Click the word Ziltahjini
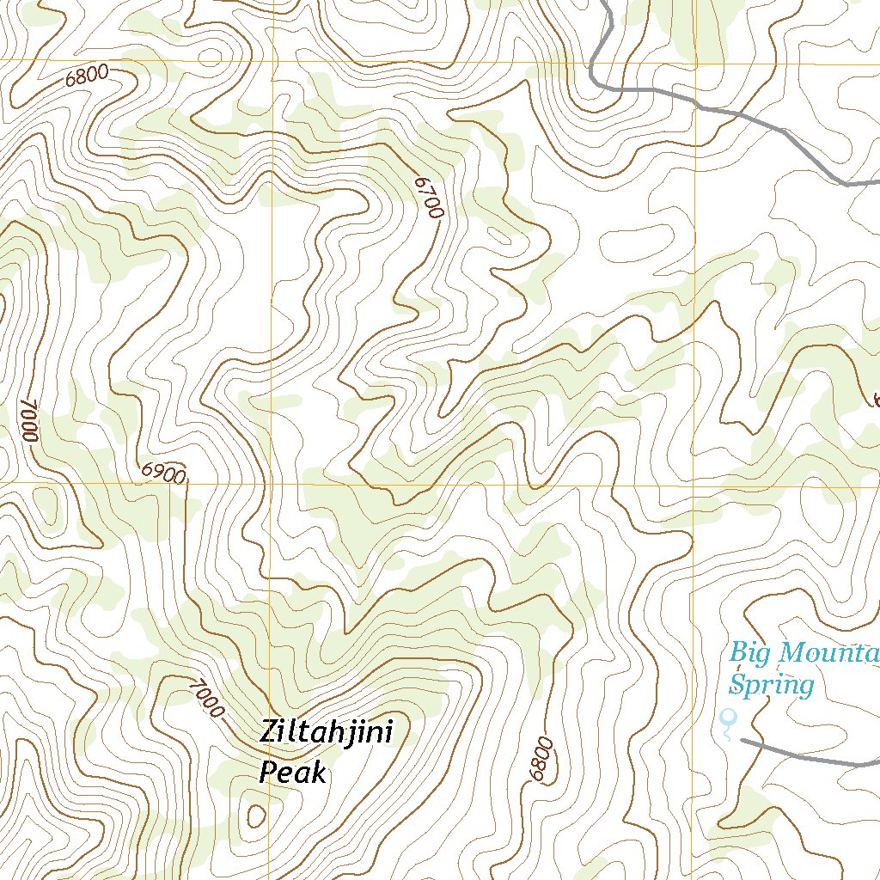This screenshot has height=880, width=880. coord(326,736)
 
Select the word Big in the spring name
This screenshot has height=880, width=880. coord(749,653)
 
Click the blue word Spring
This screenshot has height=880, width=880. coord(771,685)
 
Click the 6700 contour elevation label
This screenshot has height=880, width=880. coord(427,197)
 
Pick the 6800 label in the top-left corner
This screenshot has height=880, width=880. coord(87,76)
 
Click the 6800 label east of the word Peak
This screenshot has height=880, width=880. coord(541,759)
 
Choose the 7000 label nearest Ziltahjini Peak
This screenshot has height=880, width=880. coord(205,698)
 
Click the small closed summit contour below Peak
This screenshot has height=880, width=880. coord(255,815)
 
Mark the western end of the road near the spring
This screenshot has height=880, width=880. coord(742,739)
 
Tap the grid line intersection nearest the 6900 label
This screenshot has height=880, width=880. coord(271,484)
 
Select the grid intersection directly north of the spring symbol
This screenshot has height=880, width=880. coord(693,484)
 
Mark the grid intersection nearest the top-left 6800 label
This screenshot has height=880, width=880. coord(272,61)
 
